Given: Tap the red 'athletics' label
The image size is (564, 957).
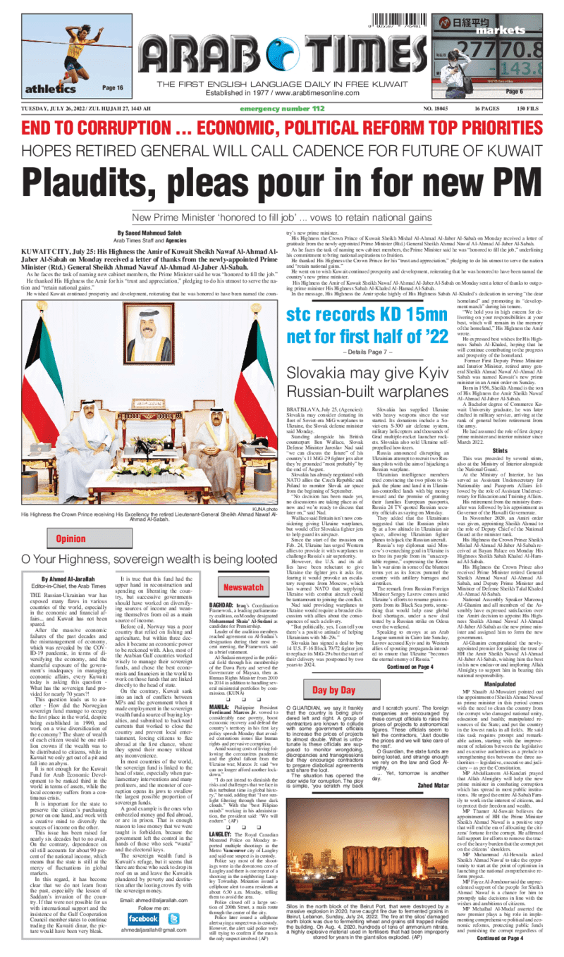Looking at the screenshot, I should (x=50, y=89).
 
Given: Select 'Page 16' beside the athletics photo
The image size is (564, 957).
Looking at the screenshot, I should (x=113, y=87).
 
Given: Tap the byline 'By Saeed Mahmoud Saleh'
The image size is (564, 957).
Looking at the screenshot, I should (x=147, y=232).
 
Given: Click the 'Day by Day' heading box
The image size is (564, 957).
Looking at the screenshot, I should (x=314, y=690).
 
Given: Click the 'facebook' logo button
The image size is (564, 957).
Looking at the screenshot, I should (x=143, y=919).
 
